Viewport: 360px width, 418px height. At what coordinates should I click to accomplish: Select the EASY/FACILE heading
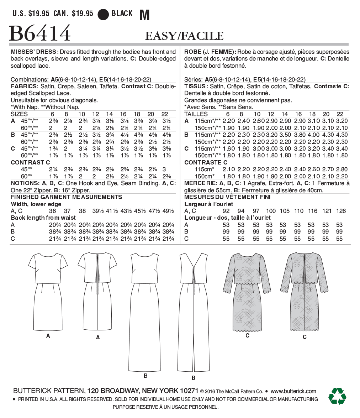coord(184,36)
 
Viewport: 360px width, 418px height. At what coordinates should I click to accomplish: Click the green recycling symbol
coord(337,396)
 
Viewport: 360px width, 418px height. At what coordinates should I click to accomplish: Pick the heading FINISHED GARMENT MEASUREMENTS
coord(67,197)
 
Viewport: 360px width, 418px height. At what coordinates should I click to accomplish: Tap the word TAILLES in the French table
coord(196,114)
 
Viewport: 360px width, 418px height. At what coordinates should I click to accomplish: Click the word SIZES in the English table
coord(19,114)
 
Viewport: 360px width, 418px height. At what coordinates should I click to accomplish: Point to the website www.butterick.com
coord(293,391)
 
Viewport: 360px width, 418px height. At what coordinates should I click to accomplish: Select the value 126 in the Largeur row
coord(340,211)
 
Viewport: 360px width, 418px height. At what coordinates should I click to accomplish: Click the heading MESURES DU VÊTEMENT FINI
coord(227,197)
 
